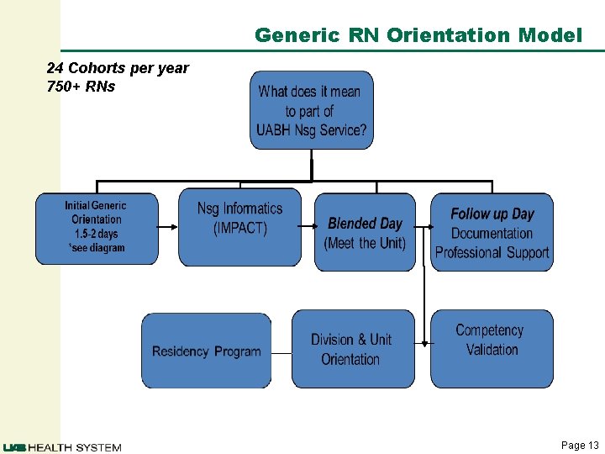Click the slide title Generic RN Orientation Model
click(418, 35)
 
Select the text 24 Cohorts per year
click(118, 68)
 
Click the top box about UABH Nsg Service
click(312, 110)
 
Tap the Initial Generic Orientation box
click(97, 229)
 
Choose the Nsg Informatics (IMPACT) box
click(239, 227)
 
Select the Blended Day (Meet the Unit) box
click(365, 233)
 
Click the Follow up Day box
click(492, 233)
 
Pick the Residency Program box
click(206, 351)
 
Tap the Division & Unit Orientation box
click(352, 349)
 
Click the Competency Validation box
click(492, 348)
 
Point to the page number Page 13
click(580, 446)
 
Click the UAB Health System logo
click(62, 447)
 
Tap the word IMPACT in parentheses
click(239, 229)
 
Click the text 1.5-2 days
click(97, 234)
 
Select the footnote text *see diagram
click(97, 248)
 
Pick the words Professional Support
click(492, 252)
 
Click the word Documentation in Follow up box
click(492, 234)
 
